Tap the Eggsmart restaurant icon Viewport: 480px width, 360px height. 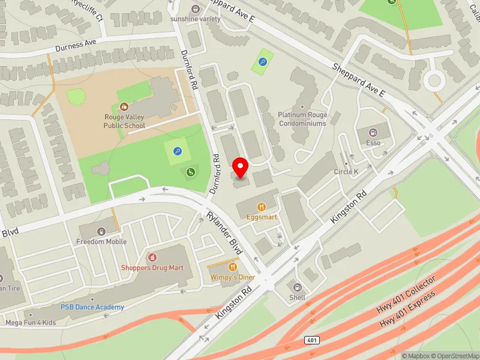[261, 207]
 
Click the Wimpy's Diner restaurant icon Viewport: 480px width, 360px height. [233, 267]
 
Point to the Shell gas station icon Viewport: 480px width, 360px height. [297, 287]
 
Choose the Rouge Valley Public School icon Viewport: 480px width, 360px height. [124, 106]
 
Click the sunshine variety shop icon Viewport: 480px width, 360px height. [195, 8]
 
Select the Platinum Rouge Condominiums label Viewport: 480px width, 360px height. [302, 119]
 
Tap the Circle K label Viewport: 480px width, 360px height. [346, 172]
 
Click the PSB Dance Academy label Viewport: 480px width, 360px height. [92, 307]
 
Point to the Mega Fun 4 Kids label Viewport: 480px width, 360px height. [30, 323]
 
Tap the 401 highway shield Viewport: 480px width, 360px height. [312, 340]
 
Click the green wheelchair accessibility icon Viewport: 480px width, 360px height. [191, 173]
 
